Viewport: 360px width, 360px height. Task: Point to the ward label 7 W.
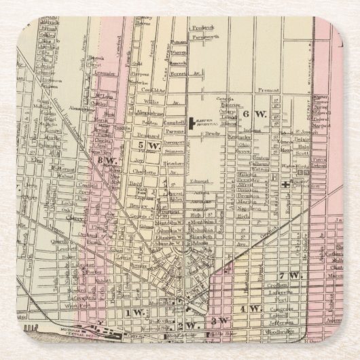289,275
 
